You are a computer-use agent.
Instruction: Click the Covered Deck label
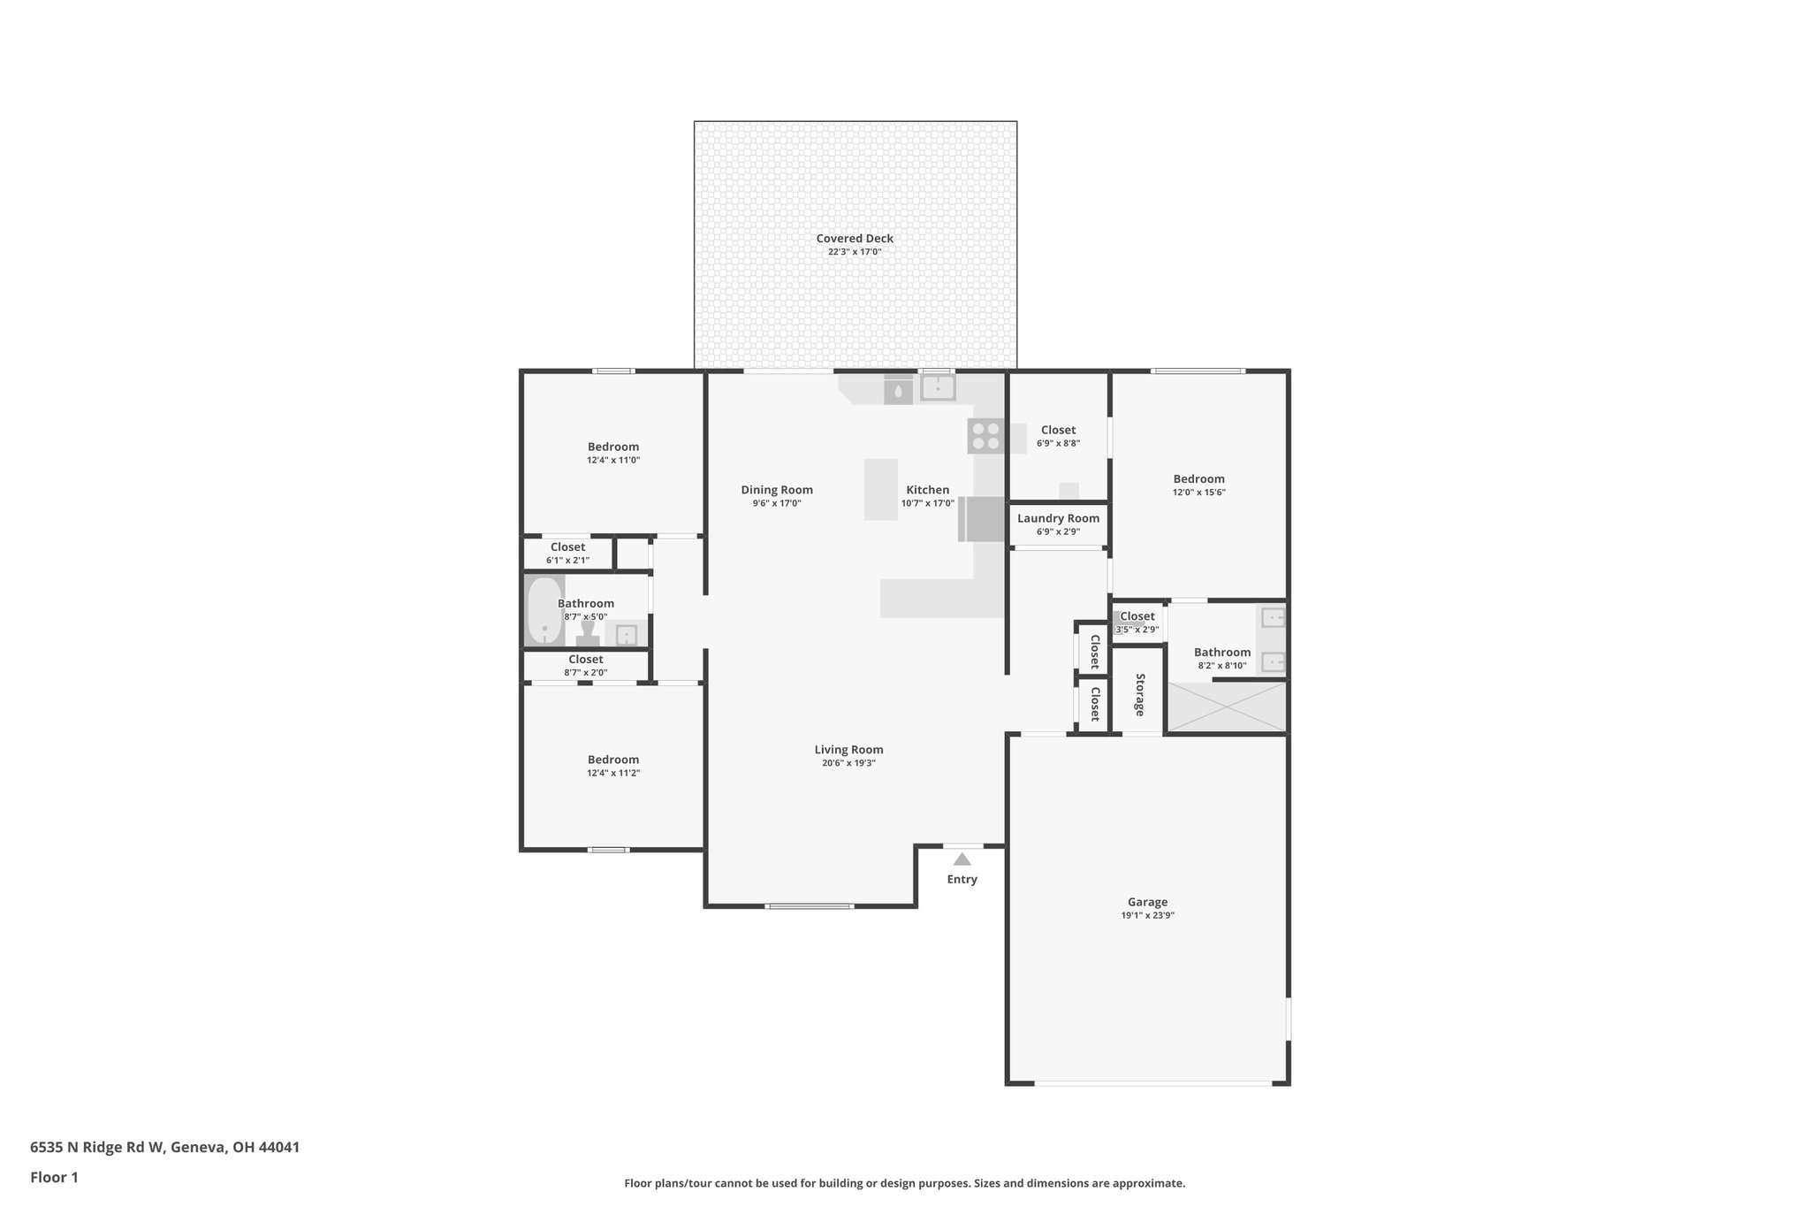click(x=854, y=238)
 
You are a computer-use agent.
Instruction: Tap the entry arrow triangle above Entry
click(x=962, y=859)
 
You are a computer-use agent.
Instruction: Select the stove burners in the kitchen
click(x=985, y=436)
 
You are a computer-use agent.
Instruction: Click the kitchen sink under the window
click(x=937, y=387)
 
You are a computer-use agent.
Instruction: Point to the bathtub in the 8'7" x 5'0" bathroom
click(x=544, y=610)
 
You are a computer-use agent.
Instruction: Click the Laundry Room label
click(x=1058, y=518)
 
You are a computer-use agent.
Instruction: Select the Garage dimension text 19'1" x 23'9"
click(x=1146, y=915)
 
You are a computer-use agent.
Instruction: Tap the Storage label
click(x=1139, y=694)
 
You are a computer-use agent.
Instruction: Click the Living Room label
click(x=848, y=749)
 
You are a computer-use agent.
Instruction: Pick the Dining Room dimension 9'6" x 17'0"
click(x=776, y=503)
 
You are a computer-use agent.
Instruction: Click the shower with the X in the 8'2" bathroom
click(x=1227, y=706)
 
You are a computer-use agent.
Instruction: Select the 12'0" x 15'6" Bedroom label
click(x=1198, y=478)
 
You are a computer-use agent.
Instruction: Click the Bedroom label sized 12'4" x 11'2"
click(x=612, y=759)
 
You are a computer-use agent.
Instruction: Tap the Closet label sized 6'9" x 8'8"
click(x=1058, y=430)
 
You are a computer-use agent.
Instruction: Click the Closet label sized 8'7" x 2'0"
click(x=585, y=659)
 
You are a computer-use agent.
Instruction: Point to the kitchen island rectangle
click(x=880, y=489)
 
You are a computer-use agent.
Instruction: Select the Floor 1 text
click(x=54, y=1177)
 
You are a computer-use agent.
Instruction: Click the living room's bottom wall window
click(x=809, y=905)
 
